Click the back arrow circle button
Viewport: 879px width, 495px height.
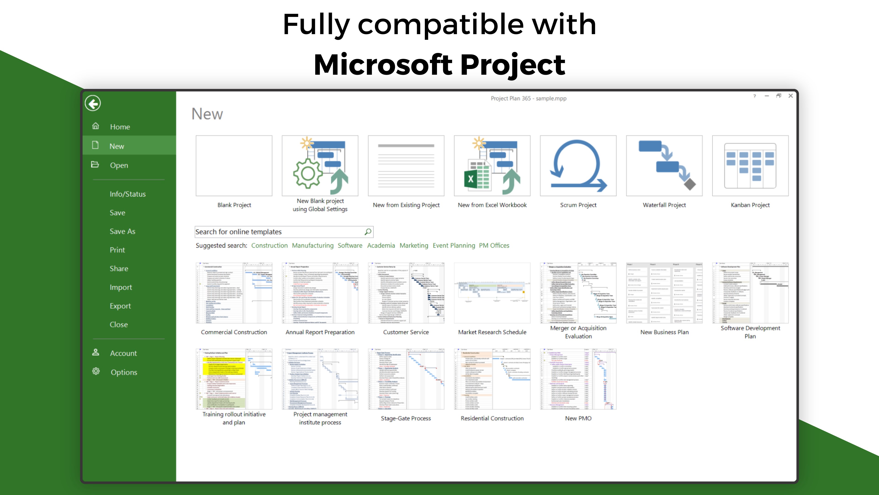[x=93, y=103]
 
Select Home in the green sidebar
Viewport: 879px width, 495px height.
[x=120, y=127]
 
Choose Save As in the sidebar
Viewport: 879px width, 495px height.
[x=122, y=231]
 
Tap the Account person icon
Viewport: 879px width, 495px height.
[x=95, y=352]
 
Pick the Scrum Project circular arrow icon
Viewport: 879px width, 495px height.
[x=578, y=166]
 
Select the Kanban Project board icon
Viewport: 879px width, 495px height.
[x=750, y=166]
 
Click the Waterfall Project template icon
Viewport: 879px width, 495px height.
[x=664, y=166]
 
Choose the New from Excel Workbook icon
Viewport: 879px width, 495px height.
[x=492, y=166]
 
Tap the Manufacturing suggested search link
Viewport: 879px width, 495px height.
[x=312, y=245]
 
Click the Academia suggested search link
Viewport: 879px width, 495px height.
[x=381, y=245]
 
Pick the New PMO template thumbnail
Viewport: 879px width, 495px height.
[x=578, y=379]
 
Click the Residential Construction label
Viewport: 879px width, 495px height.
[x=492, y=418]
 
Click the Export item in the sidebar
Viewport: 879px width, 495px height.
[x=120, y=306]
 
